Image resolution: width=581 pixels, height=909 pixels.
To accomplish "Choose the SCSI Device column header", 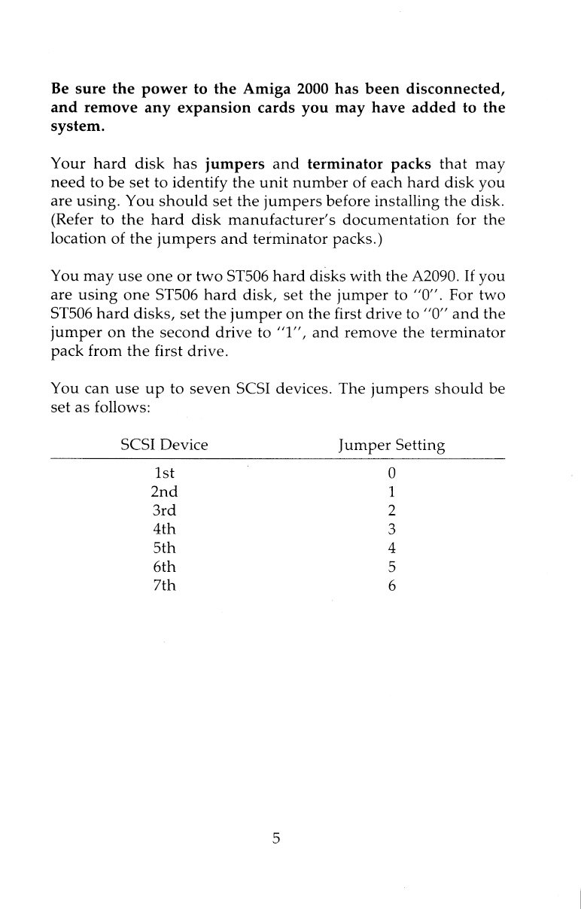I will pyautogui.click(x=164, y=445).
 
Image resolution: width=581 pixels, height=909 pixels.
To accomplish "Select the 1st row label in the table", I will pyautogui.click(x=164, y=473).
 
